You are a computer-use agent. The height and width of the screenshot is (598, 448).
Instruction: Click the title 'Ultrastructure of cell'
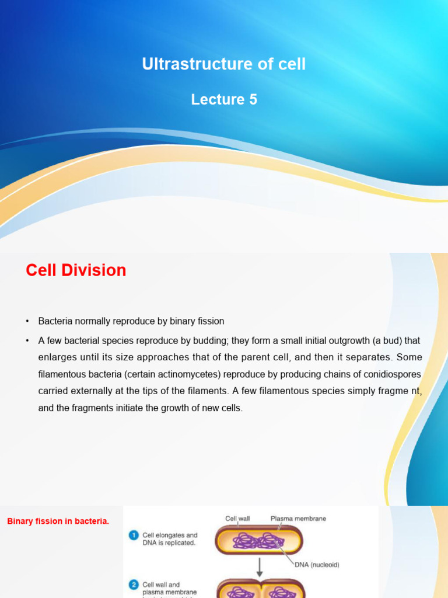(223, 64)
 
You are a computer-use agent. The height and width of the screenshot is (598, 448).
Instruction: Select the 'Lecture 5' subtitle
(223, 100)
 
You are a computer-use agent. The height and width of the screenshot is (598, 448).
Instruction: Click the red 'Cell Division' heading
(76, 270)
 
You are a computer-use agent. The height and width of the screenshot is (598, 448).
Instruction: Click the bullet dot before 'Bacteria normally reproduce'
(27, 322)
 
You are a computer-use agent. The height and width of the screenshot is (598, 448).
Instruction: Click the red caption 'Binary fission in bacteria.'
(58, 521)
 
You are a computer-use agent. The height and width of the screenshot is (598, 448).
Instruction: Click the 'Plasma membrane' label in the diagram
(298, 518)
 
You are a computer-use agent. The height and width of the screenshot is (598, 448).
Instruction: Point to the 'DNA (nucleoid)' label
(315, 565)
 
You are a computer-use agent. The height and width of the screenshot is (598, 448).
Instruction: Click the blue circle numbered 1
(134, 535)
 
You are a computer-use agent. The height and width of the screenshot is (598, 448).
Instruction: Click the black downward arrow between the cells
(260, 566)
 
